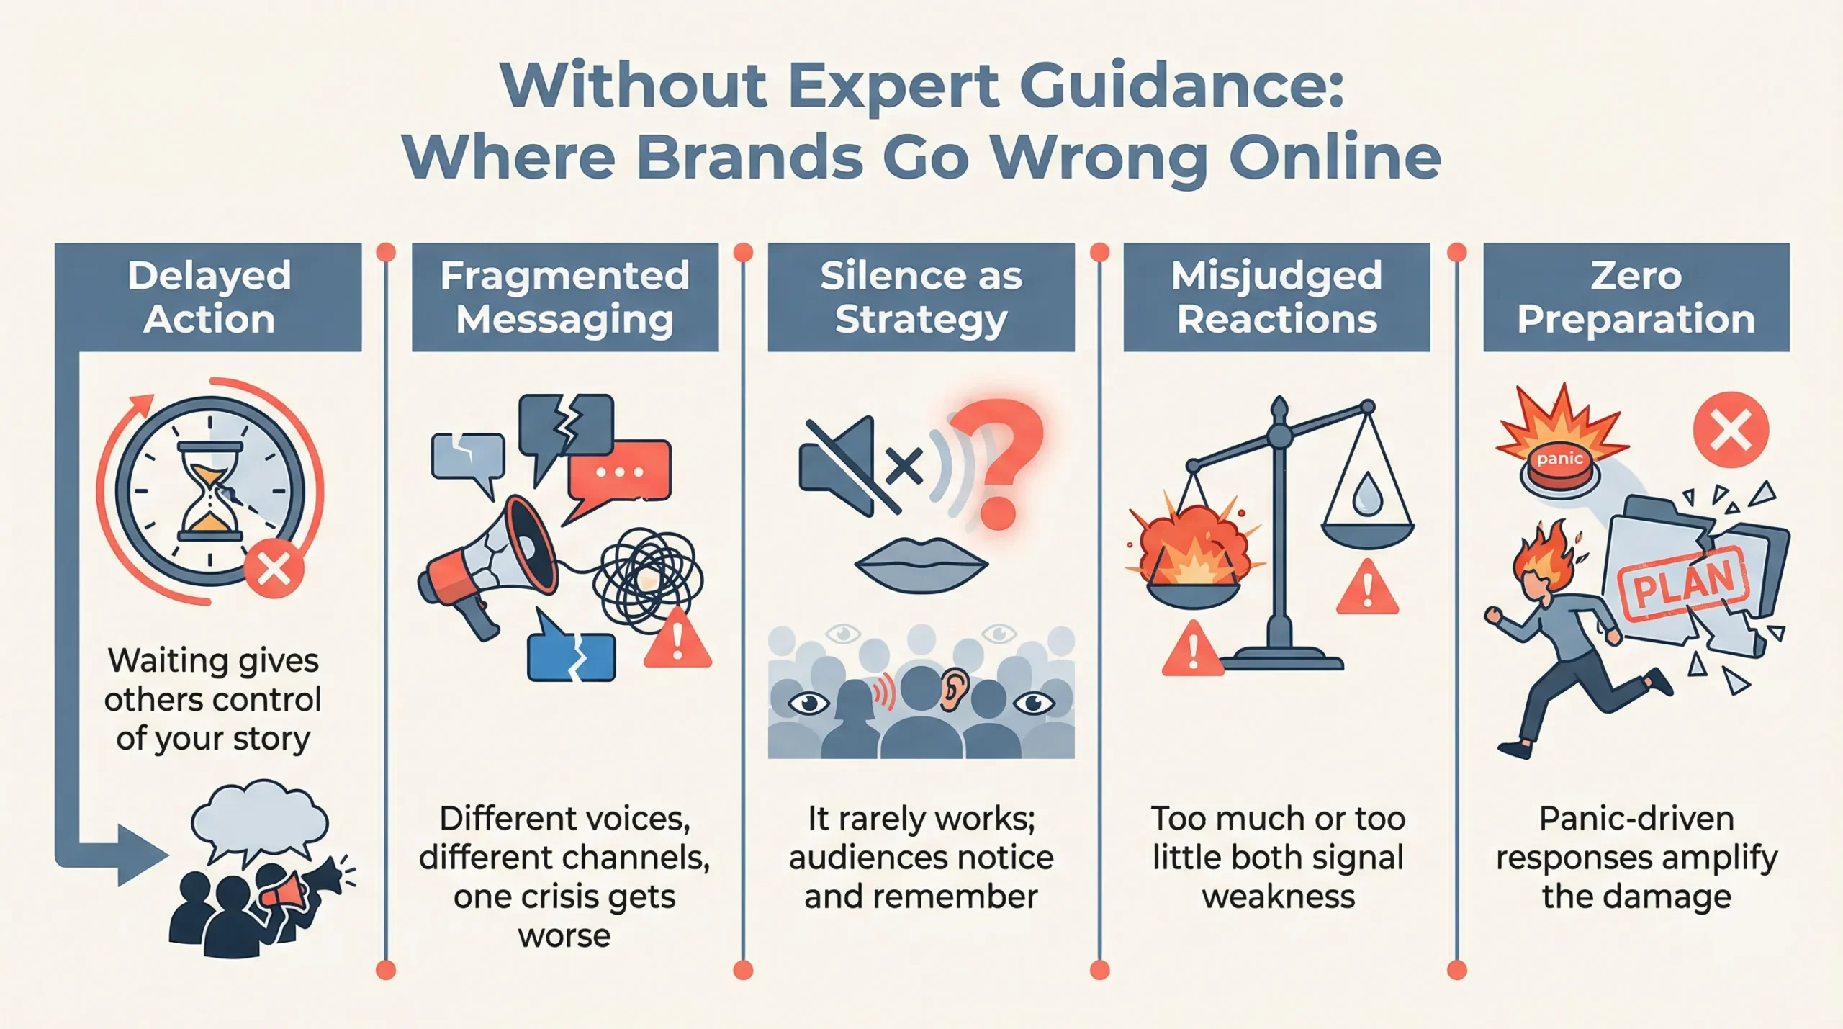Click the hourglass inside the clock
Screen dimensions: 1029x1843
(x=210, y=491)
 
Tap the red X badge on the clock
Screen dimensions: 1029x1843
(x=274, y=569)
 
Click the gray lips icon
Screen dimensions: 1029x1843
(x=921, y=565)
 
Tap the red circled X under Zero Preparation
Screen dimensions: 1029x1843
(x=1731, y=431)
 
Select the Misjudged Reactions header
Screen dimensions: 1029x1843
(x=1276, y=297)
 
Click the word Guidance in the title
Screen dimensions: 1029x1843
(x=1181, y=86)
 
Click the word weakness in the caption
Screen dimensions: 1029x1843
(x=1278, y=897)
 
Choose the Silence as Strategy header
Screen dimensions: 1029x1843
(x=921, y=297)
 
